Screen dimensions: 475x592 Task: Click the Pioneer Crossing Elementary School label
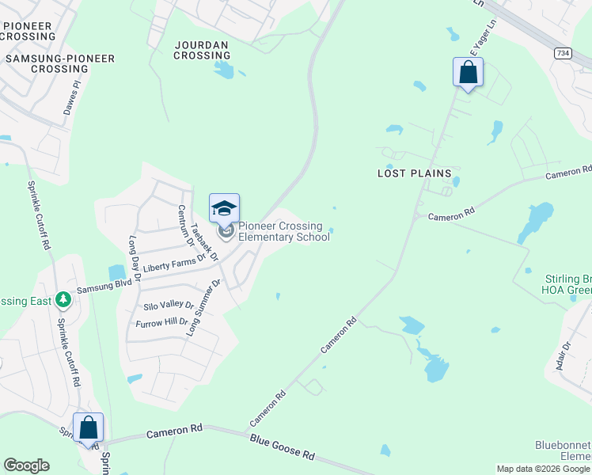[x=284, y=231]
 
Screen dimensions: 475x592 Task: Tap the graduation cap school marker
[x=224, y=209]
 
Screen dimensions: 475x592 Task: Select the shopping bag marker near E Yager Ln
[x=468, y=73]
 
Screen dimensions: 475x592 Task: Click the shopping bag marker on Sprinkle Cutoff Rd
[x=89, y=428]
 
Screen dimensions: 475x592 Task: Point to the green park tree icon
[x=63, y=301]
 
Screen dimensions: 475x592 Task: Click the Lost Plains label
[x=414, y=173]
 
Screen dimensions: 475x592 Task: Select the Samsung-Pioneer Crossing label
[x=60, y=64]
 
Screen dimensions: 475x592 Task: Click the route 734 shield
[x=563, y=53]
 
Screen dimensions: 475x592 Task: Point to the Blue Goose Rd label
[x=283, y=447]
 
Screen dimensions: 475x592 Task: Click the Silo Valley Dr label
[x=169, y=305]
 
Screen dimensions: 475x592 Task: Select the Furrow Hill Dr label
[x=161, y=322]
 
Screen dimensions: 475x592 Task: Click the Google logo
[x=26, y=465]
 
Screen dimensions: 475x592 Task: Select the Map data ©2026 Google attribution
[x=543, y=469]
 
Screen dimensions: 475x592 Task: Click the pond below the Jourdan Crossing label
[x=224, y=70]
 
